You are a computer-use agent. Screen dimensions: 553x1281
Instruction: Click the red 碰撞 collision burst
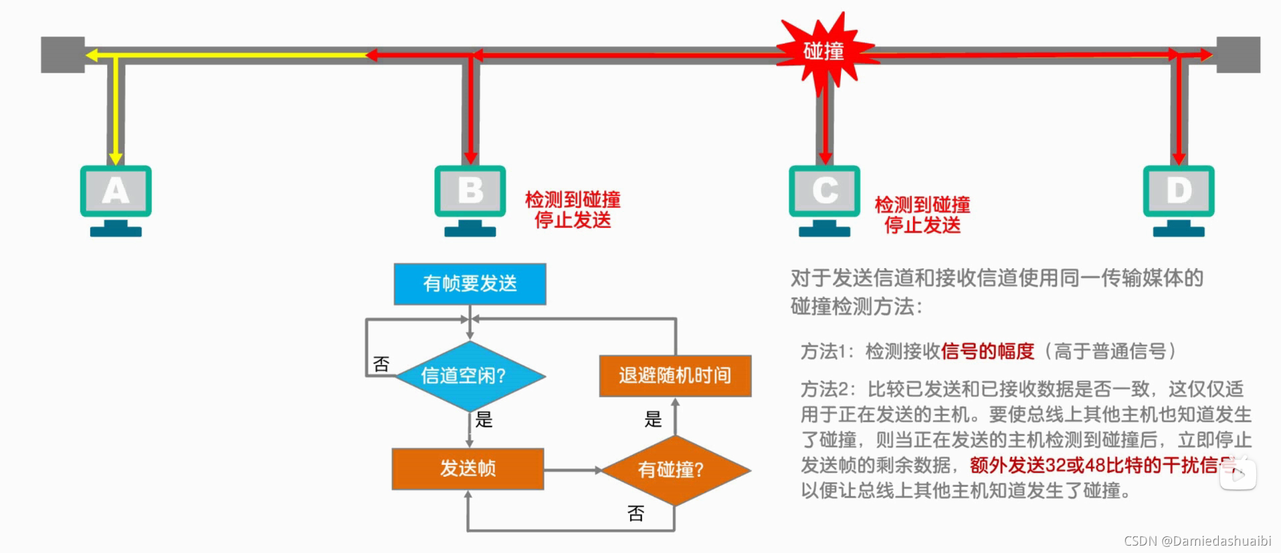(824, 51)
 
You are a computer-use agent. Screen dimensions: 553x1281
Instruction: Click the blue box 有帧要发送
(470, 284)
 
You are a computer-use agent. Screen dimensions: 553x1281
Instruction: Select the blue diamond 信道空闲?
(470, 376)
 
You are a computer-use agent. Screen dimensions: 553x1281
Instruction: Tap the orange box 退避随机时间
(675, 376)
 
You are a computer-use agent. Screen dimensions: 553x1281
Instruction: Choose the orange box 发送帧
(468, 469)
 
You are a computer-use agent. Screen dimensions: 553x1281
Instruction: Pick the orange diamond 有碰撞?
(675, 469)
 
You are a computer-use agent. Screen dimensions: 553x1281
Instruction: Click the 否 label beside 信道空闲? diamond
(381, 364)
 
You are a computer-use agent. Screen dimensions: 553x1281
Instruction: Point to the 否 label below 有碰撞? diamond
(635, 513)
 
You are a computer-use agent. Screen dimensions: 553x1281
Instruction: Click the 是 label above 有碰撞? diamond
(653, 419)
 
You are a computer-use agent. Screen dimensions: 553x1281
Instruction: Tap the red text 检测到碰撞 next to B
(573, 199)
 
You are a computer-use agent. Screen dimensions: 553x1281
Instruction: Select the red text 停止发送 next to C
(922, 225)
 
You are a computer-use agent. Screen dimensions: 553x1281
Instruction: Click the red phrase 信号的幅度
(987, 351)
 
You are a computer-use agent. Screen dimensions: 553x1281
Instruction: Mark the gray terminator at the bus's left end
(63, 55)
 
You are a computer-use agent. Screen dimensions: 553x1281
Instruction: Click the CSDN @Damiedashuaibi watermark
(1197, 540)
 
